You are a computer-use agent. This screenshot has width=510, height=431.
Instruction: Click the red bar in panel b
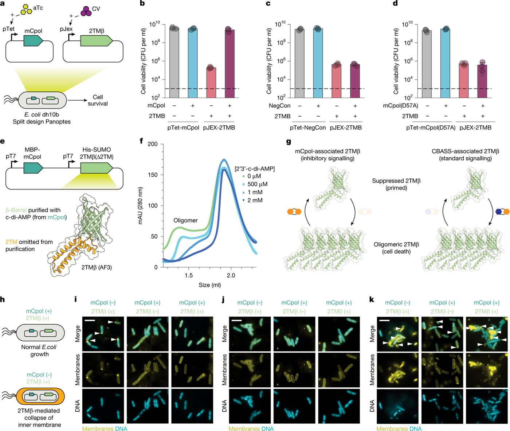coord(211,83)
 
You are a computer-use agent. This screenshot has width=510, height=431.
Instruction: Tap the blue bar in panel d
coord(445,63)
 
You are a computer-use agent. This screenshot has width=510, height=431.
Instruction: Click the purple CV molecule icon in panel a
coord(86,11)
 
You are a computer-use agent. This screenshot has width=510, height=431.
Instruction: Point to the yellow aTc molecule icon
coord(26,9)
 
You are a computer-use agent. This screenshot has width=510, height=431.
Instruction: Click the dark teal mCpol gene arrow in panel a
coord(33,41)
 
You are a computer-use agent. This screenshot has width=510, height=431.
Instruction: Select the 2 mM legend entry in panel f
coord(252,200)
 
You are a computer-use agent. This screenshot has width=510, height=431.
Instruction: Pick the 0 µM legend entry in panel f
coord(251,176)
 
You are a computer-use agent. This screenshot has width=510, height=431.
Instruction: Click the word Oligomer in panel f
coord(185,220)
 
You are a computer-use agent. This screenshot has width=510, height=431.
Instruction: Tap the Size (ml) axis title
coord(209,285)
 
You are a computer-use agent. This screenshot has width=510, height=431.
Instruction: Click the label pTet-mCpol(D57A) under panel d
coord(431,128)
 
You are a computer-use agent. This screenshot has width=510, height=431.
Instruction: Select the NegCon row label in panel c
coord(279,106)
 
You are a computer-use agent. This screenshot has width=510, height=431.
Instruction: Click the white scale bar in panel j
coord(236,320)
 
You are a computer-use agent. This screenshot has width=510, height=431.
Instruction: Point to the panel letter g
coord(288,142)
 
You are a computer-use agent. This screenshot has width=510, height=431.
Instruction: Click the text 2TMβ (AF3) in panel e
coord(97,267)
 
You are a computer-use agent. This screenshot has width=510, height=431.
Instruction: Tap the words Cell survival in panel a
coord(98,100)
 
